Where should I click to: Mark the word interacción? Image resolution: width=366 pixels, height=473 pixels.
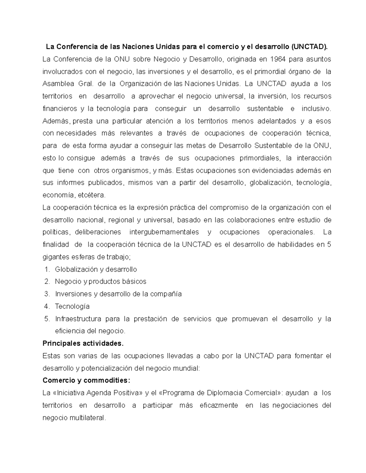[314, 158]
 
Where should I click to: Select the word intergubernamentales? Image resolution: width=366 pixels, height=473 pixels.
[164, 232]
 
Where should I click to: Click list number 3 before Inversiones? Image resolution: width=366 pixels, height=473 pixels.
[47, 294]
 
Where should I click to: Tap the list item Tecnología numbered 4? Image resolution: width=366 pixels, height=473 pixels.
[72, 306]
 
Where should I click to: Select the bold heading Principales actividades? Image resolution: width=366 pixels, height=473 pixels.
[83, 344]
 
